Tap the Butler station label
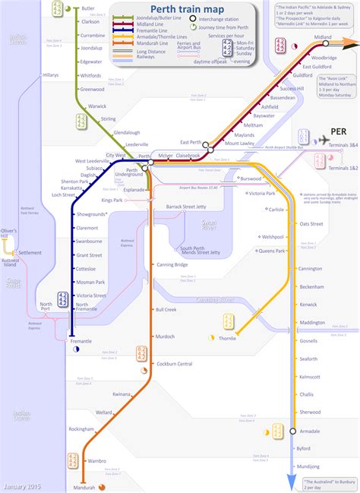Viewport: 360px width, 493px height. [x=87, y=8]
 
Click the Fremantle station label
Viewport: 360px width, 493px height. [x=81, y=341]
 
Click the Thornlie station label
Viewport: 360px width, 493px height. [x=227, y=337]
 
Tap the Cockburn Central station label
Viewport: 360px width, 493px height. [x=173, y=365]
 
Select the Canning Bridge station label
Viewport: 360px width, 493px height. [x=172, y=265]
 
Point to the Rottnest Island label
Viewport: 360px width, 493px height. [x=10, y=263]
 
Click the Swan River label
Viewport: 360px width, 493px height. [x=210, y=223]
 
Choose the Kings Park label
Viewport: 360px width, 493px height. [x=112, y=200]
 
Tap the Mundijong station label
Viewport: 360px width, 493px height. [x=308, y=466]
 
